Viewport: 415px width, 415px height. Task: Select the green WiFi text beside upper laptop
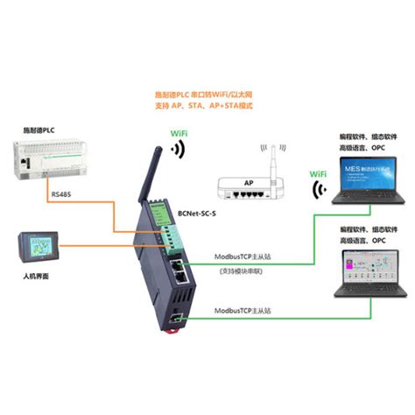pyautogui.click(x=321, y=174)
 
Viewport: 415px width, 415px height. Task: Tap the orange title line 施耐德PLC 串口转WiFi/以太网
pyautogui.click(x=207, y=95)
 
